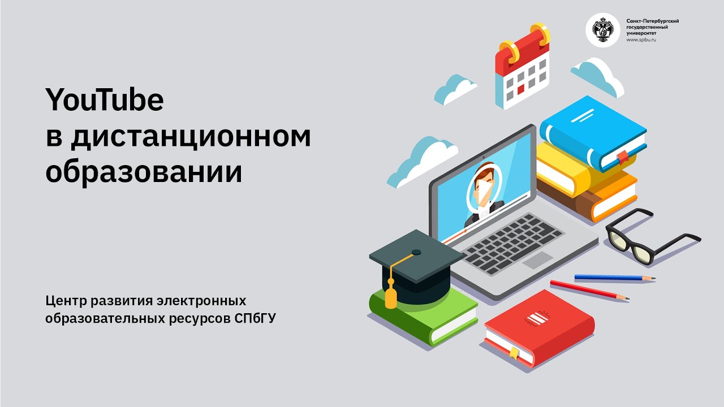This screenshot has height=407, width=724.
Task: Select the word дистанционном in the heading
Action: pyautogui.click(x=191, y=137)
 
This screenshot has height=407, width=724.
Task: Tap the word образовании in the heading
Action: pyautogui.click(x=144, y=172)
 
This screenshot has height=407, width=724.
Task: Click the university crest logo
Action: pyautogui.click(x=602, y=30)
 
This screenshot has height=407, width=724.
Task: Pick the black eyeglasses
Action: pyautogui.click(x=650, y=237)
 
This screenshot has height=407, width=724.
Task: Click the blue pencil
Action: pyautogui.click(x=614, y=278)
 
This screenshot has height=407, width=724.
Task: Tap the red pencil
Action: pyautogui.click(x=588, y=290)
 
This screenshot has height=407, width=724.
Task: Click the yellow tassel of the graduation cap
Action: pyautogui.click(x=390, y=297)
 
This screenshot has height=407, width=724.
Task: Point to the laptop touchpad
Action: pyautogui.click(x=537, y=261)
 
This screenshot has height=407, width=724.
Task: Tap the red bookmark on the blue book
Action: pyautogui.click(x=622, y=157)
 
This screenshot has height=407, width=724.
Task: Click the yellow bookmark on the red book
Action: pyautogui.click(x=514, y=353)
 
